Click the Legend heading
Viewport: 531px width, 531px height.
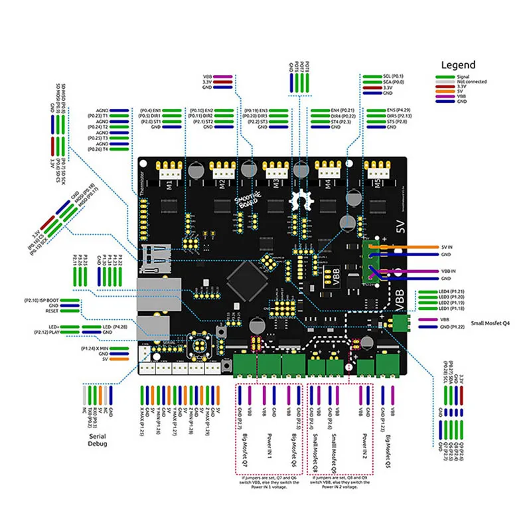(458, 65)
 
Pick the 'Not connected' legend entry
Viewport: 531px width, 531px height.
(471, 82)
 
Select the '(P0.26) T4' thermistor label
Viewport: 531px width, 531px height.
(96, 149)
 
